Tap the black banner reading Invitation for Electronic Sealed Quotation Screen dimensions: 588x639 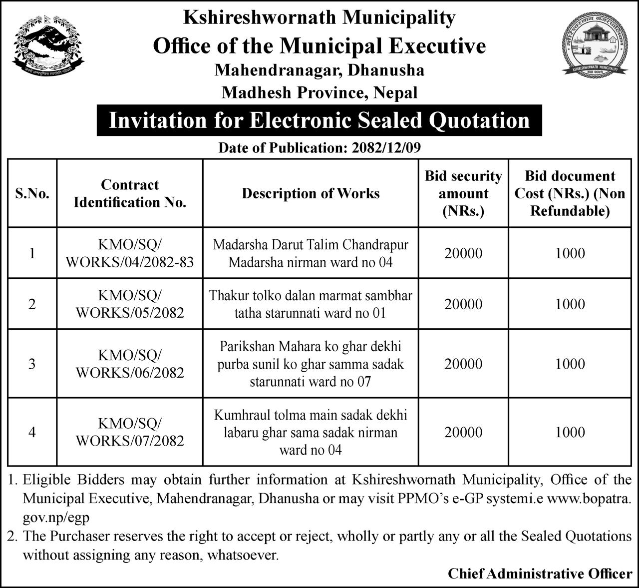click(x=319, y=120)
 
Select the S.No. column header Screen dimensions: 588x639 click(x=32, y=193)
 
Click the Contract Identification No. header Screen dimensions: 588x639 click(x=130, y=193)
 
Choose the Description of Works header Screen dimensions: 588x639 click(x=311, y=193)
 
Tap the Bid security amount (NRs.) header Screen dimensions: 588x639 click(x=463, y=193)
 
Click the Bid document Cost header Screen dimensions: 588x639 click(x=570, y=193)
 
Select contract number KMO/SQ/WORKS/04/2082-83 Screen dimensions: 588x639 click(x=130, y=253)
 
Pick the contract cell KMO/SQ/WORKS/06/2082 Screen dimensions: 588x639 click(x=130, y=364)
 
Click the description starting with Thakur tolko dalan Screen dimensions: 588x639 click(x=311, y=304)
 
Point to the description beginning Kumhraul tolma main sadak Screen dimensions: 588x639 click(x=311, y=432)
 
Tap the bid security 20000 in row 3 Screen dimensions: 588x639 click(x=463, y=364)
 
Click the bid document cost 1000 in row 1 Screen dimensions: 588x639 click(x=570, y=253)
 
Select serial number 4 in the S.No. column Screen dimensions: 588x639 click(x=32, y=432)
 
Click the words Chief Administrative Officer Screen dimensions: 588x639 click(x=540, y=574)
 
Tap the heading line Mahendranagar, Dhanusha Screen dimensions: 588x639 click(x=319, y=70)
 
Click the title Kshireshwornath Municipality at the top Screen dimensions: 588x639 click(x=319, y=18)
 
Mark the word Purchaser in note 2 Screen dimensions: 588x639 click(x=77, y=537)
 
